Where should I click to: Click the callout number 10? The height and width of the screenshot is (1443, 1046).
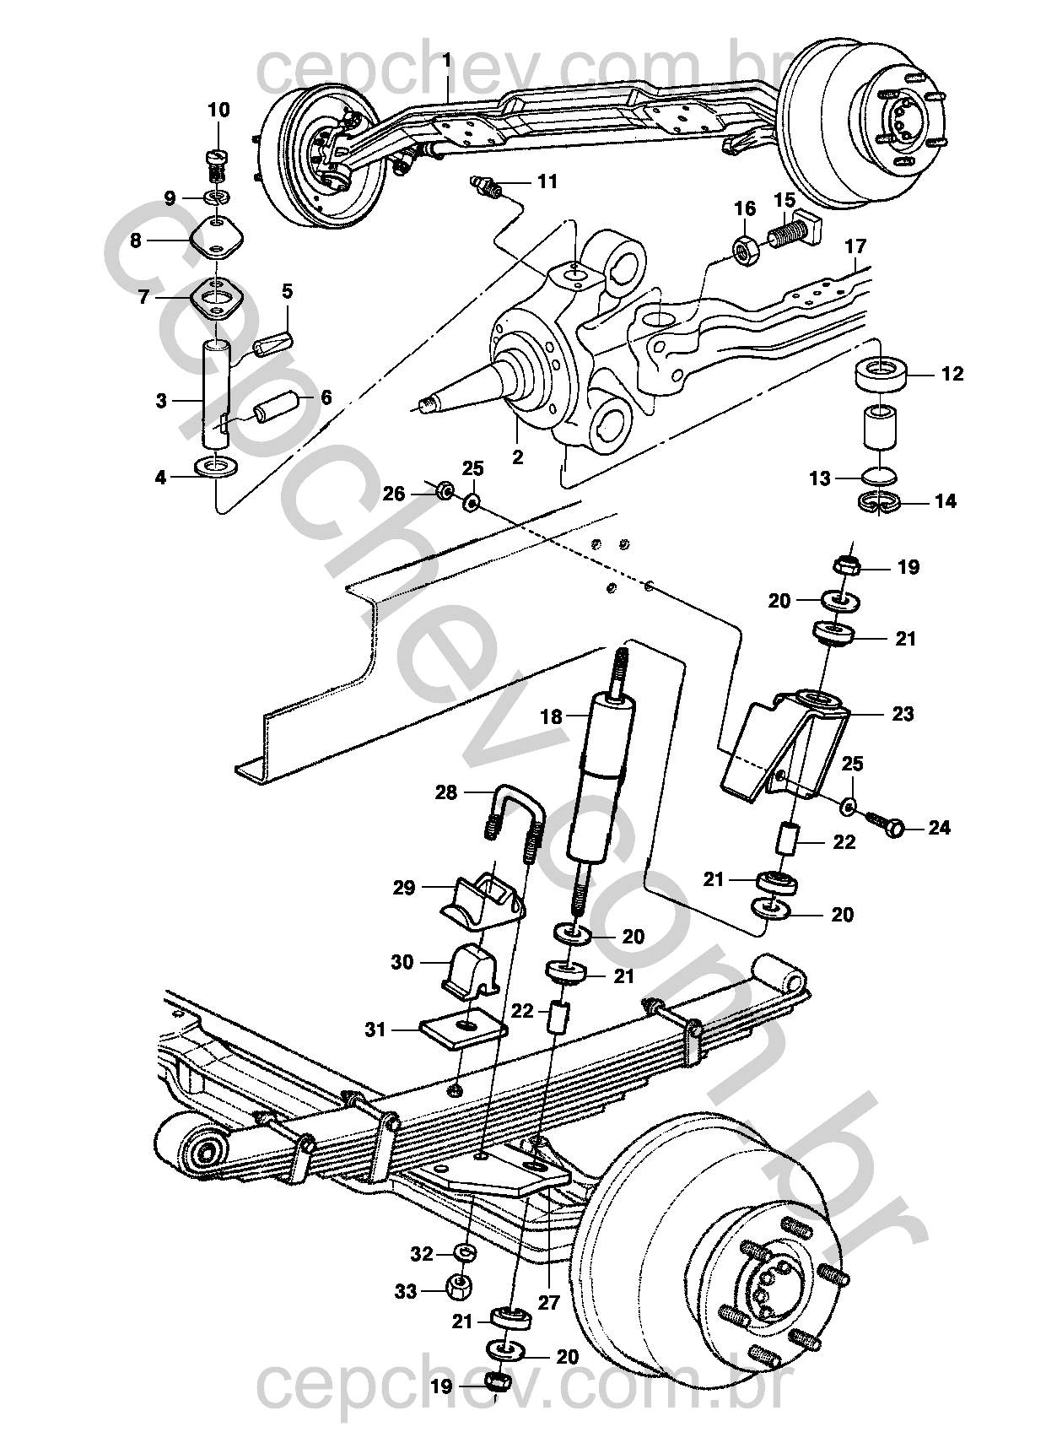[x=219, y=111]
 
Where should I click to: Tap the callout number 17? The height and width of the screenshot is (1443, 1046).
[x=855, y=246]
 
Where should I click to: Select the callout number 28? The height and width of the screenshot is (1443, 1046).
[x=445, y=792]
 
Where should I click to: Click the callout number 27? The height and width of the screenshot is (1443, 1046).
[x=549, y=1303]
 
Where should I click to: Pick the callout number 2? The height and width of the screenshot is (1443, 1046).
[x=517, y=457]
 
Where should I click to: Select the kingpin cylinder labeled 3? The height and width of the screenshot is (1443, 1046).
[x=217, y=394]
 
